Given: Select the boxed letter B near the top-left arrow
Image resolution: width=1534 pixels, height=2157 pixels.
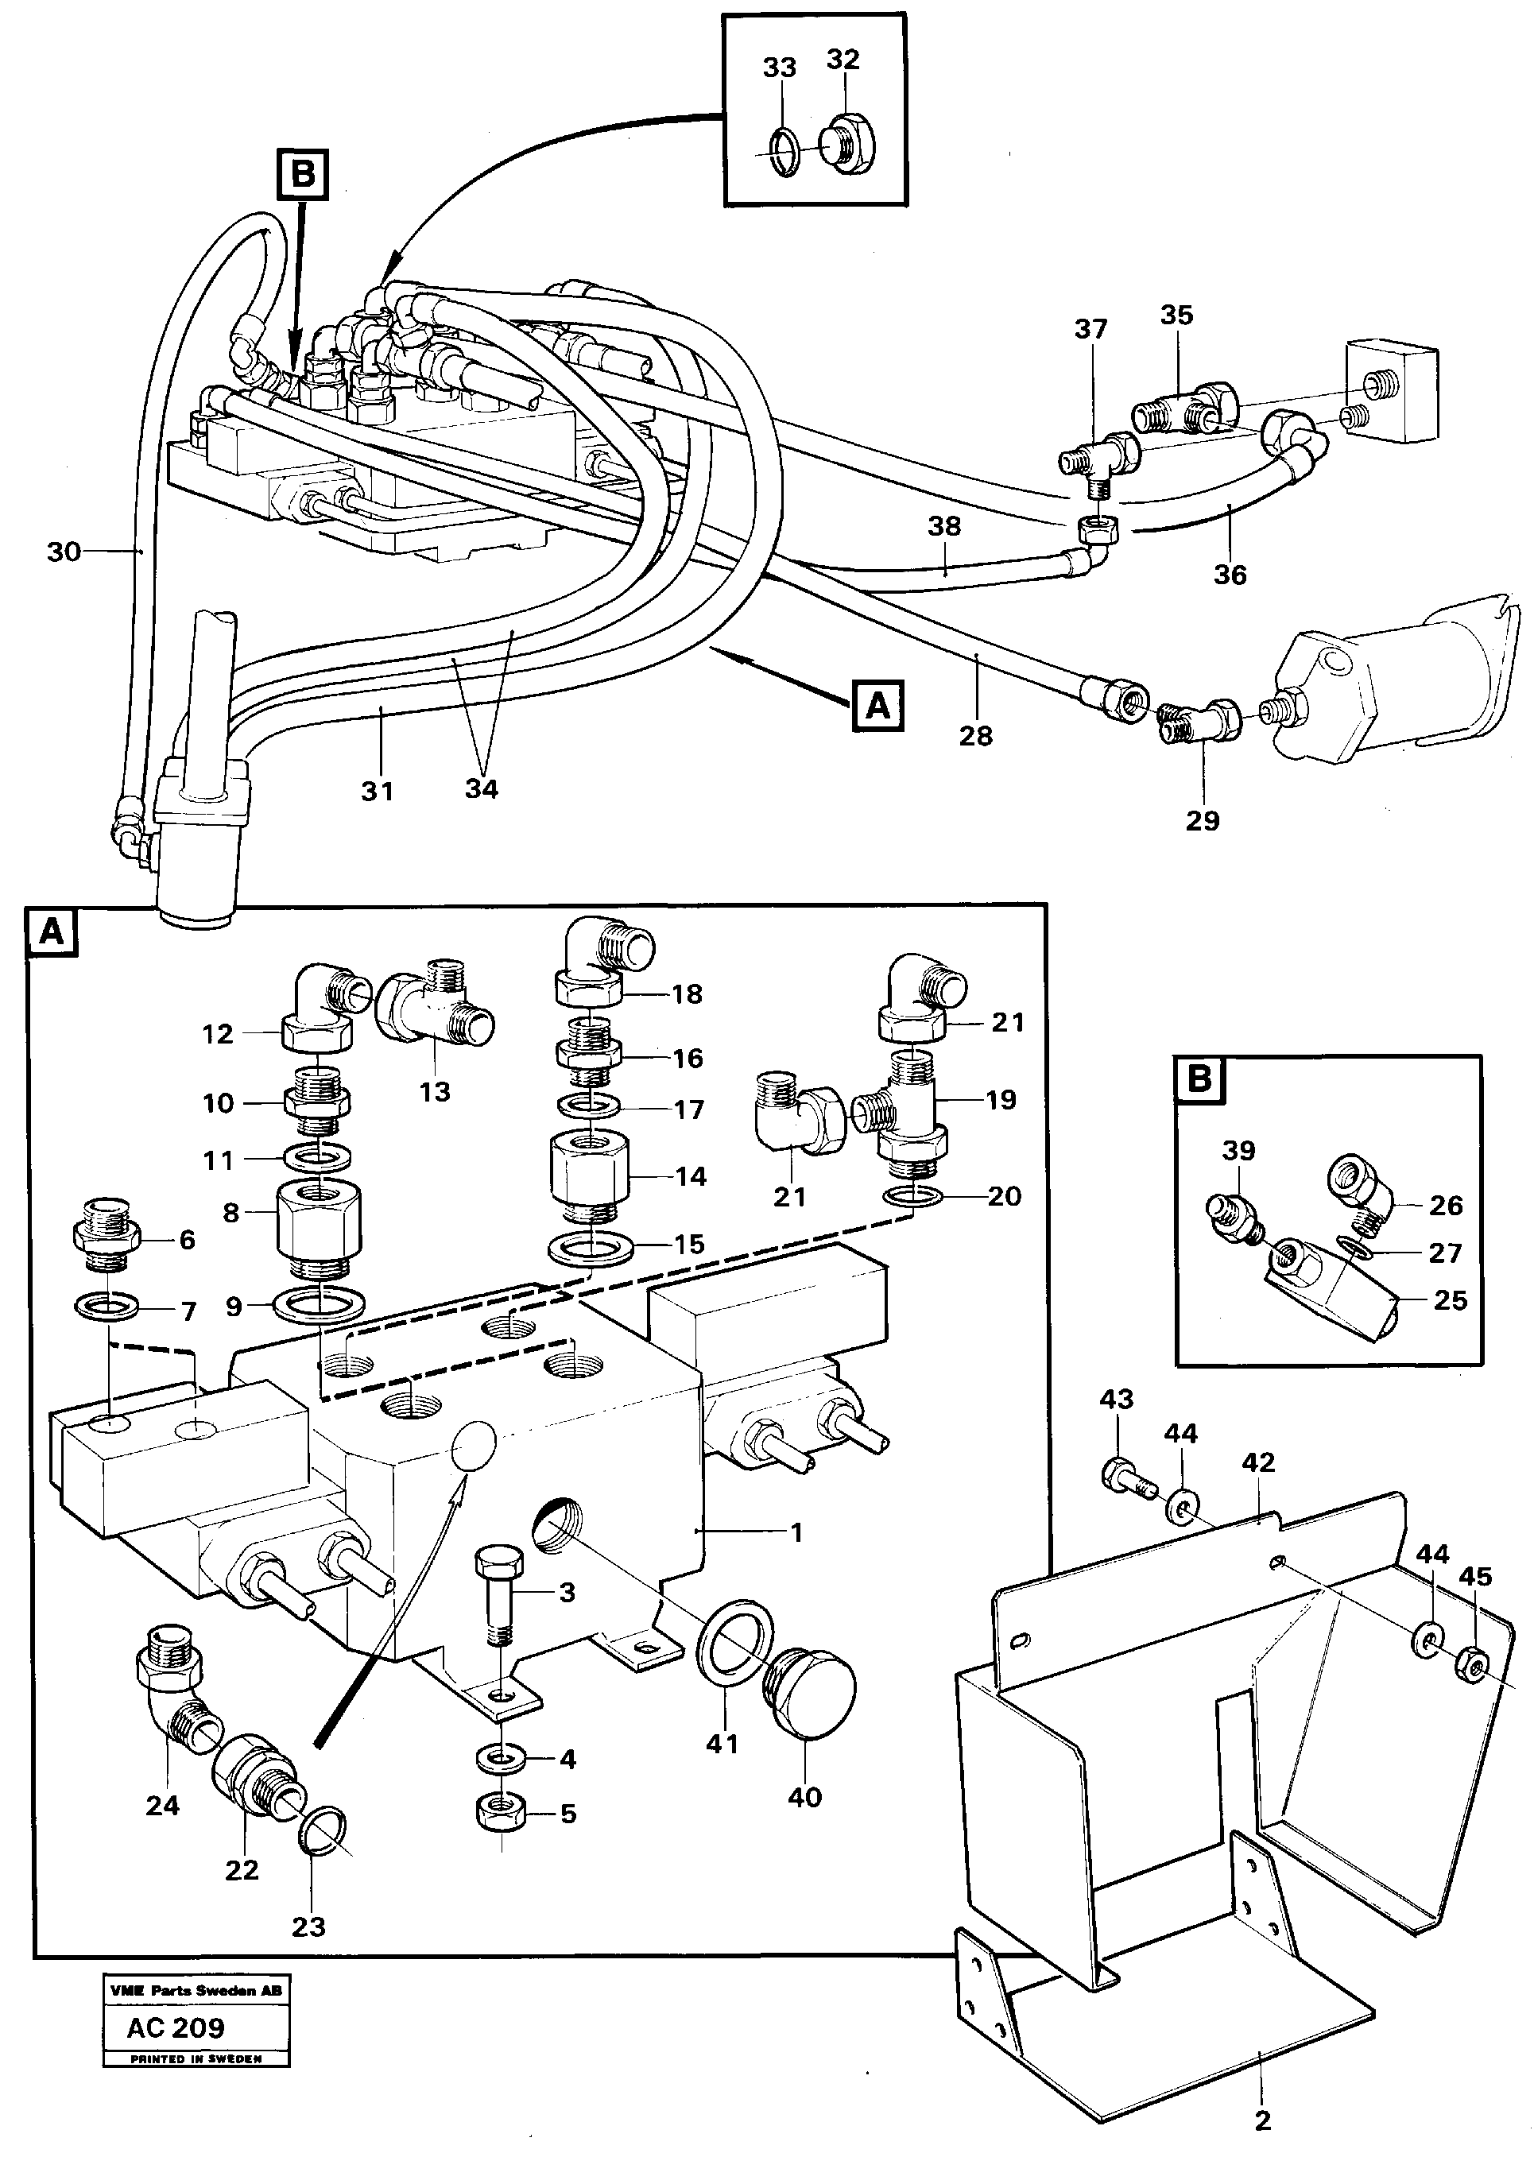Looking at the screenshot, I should pyautogui.click(x=302, y=175).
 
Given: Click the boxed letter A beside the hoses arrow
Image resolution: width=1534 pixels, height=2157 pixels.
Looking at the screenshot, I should pyautogui.click(x=877, y=704).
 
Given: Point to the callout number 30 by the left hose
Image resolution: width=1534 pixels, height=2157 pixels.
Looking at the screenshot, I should pyautogui.click(x=64, y=552).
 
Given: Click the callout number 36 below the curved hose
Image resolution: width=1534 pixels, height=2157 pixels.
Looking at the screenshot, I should pyautogui.click(x=1229, y=574).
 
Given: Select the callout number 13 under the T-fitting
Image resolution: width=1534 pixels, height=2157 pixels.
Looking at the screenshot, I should pyautogui.click(x=435, y=1092).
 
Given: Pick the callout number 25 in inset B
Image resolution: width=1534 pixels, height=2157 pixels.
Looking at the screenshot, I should pyautogui.click(x=1450, y=1300).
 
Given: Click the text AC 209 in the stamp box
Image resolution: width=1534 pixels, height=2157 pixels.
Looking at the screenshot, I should pyautogui.click(x=176, y=2027).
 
